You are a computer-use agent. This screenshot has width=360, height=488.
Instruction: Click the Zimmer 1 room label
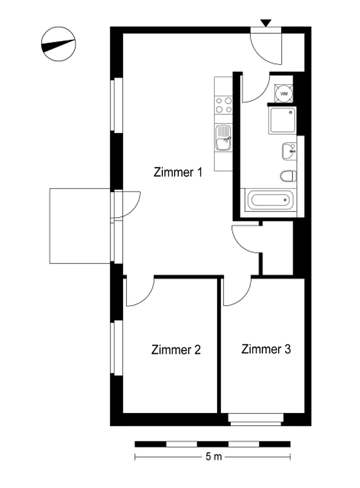click(178, 172)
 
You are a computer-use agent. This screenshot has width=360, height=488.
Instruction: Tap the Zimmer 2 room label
click(176, 350)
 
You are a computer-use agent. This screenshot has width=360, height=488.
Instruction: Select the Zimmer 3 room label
click(266, 349)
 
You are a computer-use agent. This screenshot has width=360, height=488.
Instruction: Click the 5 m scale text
click(214, 456)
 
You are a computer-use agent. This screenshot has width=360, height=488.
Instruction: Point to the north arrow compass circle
click(58, 44)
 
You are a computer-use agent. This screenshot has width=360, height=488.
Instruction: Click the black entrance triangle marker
click(266, 23)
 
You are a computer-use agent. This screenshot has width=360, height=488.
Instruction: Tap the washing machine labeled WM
click(284, 93)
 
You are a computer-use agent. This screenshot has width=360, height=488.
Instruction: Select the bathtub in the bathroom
click(270, 200)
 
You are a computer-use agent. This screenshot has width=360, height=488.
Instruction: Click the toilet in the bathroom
click(288, 176)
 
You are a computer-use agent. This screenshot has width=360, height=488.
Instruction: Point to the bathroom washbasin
click(289, 151)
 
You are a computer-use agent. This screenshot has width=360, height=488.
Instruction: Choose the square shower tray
click(282, 120)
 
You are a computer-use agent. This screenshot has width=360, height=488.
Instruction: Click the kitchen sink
click(223, 138)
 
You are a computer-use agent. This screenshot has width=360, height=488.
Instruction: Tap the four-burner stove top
click(223, 105)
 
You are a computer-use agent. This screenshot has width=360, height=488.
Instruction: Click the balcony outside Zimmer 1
click(80, 226)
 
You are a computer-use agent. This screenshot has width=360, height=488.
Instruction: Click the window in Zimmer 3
click(256, 419)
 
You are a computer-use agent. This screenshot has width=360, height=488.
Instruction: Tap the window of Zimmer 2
click(117, 347)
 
